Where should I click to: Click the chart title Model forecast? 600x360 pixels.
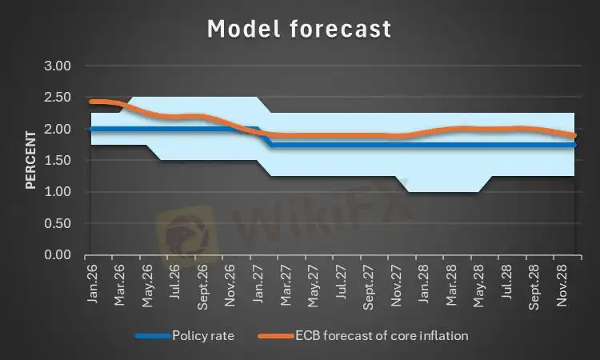point(299,30)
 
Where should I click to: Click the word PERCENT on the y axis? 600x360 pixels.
point(30,160)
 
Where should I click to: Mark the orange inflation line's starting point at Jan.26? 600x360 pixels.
point(91,102)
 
